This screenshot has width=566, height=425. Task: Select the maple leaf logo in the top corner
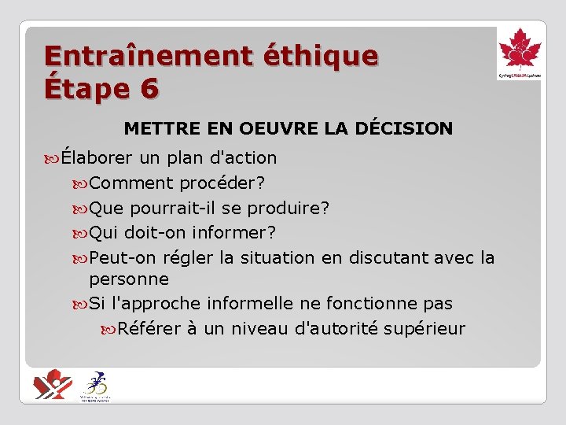click(x=520, y=52)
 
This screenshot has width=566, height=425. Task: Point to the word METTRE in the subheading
click(x=156, y=128)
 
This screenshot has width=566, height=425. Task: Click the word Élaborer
click(x=96, y=157)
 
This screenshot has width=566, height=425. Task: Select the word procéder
click(x=222, y=183)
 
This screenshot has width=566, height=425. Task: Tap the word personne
click(x=129, y=279)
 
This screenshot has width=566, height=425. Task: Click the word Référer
click(x=149, y=328)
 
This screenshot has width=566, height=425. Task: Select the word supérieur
click(x=424, y=329)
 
